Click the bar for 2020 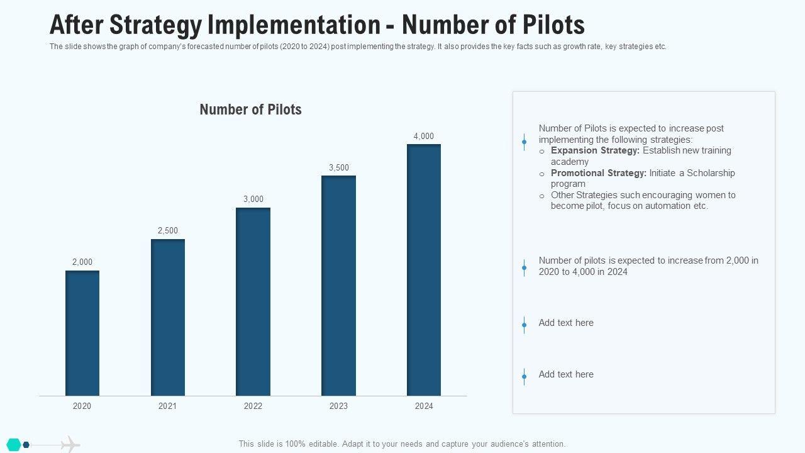pos(82,333)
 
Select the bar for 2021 pos(168,317)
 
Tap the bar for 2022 pos(253,301)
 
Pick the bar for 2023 pos(338,286)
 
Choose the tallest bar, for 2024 pos(424,270)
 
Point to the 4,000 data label pos(424,137)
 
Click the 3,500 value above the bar pos(339,168)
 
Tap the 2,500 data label pos(168,231)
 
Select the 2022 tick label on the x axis pos(253,406)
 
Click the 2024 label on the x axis pos(424,406)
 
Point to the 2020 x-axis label pos(82,406)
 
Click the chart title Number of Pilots pos(250,109)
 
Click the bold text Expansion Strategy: pos(595,151)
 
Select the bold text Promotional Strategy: pos(598,173)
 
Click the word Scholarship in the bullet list pos(711,173)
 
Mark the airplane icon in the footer pos(70,445)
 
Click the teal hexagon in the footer pos(14,445)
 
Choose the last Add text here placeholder pos(566,374)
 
